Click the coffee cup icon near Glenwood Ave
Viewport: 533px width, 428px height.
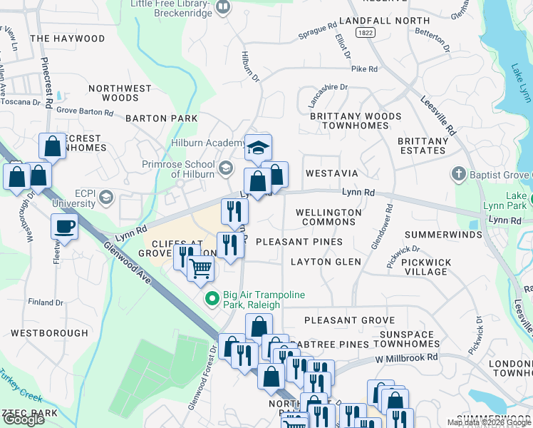(64, 228)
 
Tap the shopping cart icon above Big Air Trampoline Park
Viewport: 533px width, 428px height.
(201, 269)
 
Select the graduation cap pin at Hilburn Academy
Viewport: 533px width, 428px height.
(258, 148)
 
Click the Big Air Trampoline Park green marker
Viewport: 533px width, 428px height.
(211, 298)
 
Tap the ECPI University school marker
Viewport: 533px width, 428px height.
(106, 197)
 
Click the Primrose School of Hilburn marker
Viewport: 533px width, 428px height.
(226, 168)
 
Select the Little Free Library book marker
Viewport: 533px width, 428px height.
(223, 8)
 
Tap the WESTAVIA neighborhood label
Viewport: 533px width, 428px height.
(331, 173)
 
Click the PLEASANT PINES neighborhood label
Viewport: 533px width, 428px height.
(299, 242)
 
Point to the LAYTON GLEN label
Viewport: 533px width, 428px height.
(326, 262)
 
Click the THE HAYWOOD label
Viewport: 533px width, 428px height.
(68, 39)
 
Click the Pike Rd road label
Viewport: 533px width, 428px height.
(364, 69)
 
